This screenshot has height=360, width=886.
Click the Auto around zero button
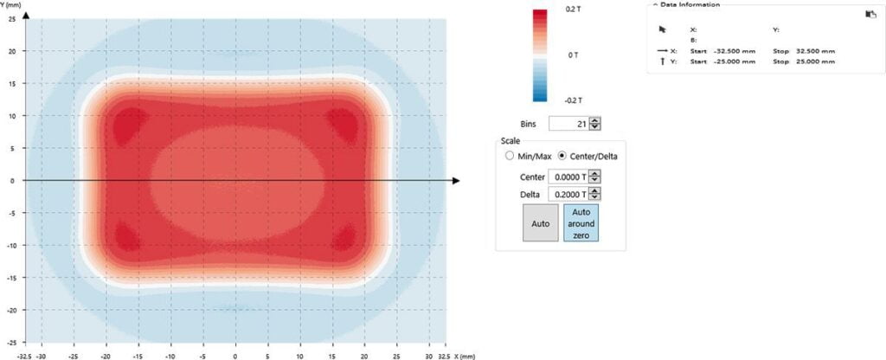click(x=582, y=223)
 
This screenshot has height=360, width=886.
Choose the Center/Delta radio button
click(x=563, y=157)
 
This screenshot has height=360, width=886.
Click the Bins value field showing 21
click(x=569, y=124)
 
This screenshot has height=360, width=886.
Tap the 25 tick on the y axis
click(x=11, y=19)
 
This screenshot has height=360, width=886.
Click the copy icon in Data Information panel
click(x=846, y=14)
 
